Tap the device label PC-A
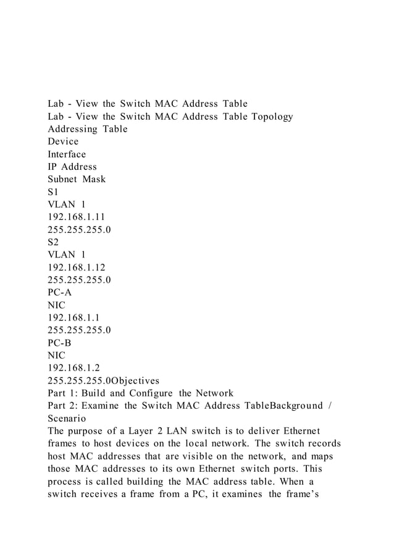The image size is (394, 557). [62, 292]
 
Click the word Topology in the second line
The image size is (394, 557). [267, 116]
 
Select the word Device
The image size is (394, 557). [63, 141]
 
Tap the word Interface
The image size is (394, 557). [67, 154]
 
